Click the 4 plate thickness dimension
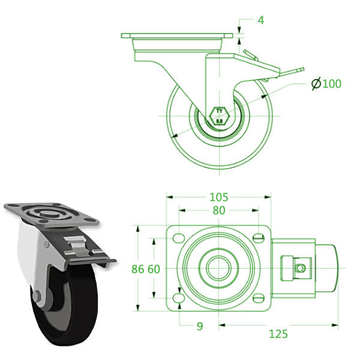(x=261, y=20)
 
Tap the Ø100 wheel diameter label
(x=326, y=83)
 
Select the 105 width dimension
(x=219, y=196)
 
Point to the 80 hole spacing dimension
(x=219, y=211)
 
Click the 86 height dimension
(x=138, y=269)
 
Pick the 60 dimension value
(x=153, y=269)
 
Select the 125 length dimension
(x=278, y=333)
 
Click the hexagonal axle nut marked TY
(x=219, y=115)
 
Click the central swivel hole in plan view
(x=219, y=268)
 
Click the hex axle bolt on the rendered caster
(x=37, y=296)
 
